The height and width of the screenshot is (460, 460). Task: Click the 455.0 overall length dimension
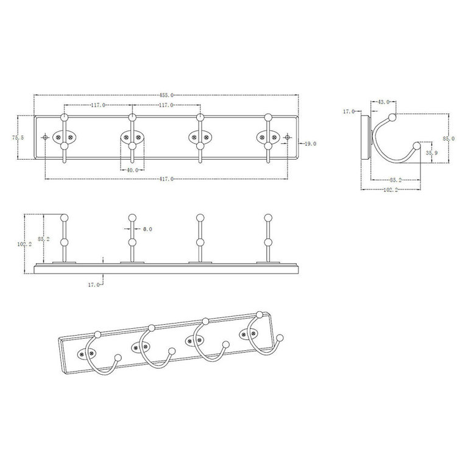point(167,95)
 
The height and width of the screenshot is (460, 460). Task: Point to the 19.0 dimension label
point(310,144)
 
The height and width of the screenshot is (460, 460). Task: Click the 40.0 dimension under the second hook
point(132,170)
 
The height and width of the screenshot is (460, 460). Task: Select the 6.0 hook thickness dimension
point(147,229)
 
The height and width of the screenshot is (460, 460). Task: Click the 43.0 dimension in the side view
point(383,102)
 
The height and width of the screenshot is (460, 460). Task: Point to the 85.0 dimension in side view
point(448,139)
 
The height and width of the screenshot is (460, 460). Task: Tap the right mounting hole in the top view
point(287,138)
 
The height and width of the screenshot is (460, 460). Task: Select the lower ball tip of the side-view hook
point(417,146)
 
